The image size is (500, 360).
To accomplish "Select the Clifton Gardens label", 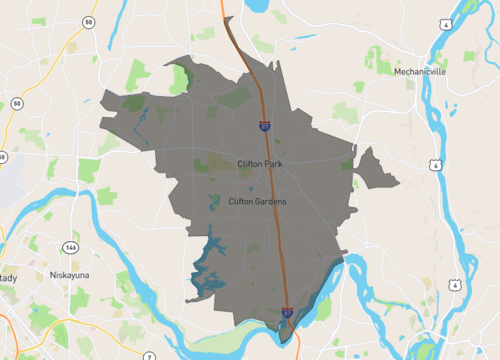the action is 258,201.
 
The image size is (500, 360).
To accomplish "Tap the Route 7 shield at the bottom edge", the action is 148,355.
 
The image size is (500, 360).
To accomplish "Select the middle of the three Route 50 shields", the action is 17,103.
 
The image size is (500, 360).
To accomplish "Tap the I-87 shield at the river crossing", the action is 287,313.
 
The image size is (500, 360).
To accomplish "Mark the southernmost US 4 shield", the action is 457,284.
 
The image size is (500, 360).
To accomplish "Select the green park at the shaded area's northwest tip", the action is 180,78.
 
